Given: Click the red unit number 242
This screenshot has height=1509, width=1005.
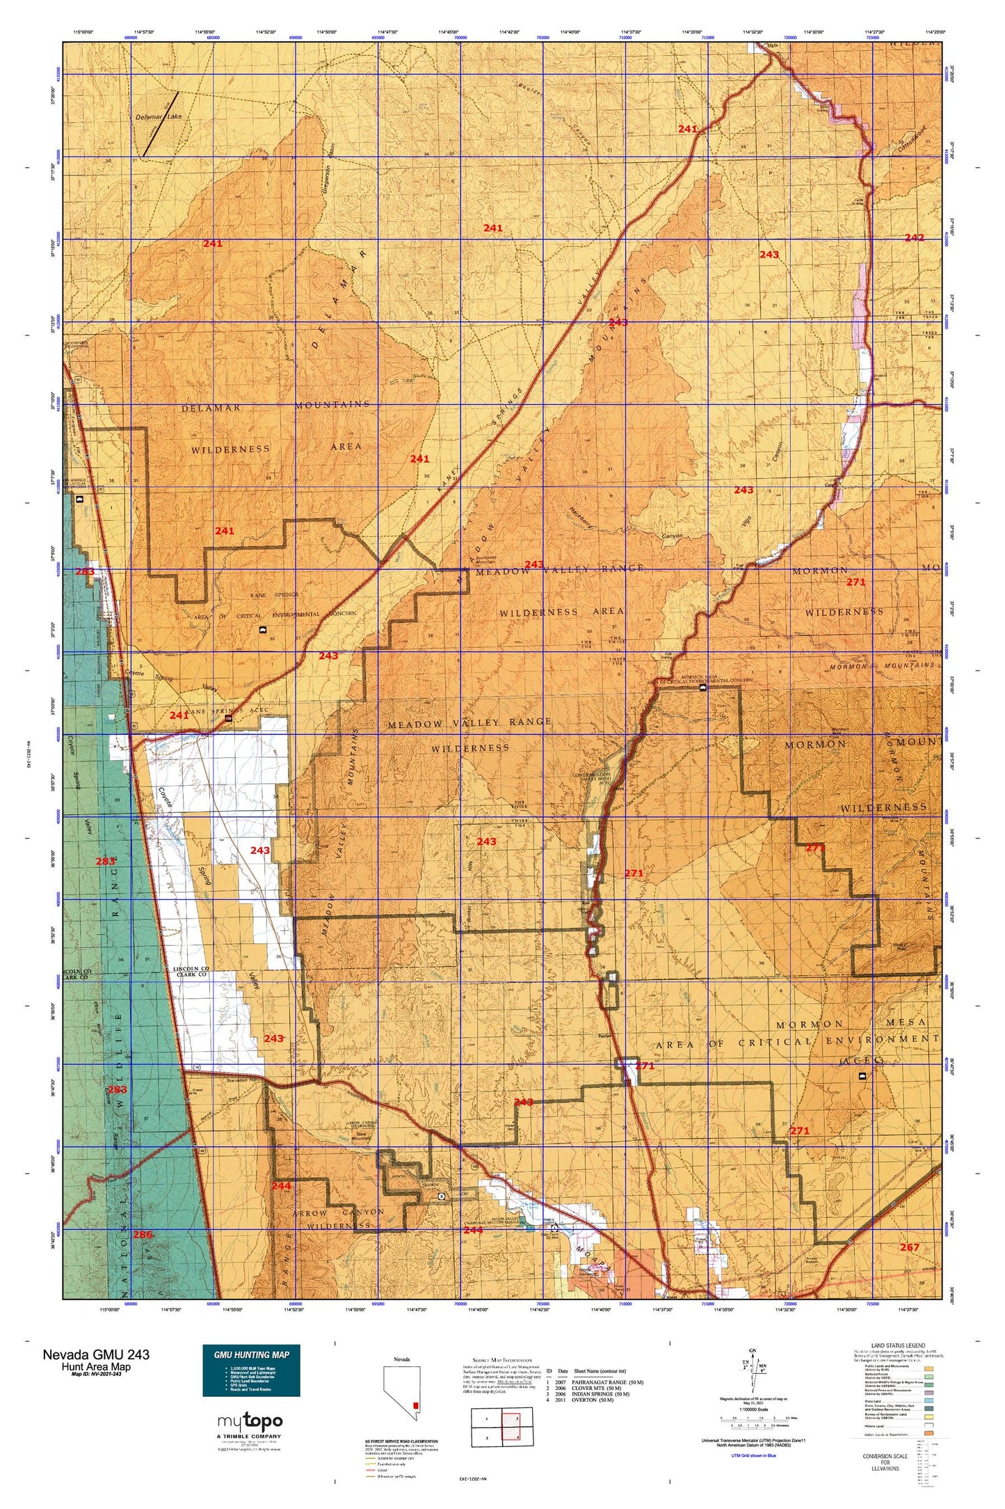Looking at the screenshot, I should (914, 238).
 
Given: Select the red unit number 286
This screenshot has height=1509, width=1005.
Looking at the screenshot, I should (143, 1234).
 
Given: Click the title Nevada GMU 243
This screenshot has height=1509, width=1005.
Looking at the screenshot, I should (95, 1354).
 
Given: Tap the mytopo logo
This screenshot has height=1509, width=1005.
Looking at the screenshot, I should (250, 1421).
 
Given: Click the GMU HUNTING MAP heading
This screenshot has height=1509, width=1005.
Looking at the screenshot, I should (251, 1354).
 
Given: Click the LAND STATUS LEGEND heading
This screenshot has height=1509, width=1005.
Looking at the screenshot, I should (898, 1346).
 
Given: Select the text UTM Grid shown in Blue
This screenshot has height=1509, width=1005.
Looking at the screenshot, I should (753, 1455).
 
